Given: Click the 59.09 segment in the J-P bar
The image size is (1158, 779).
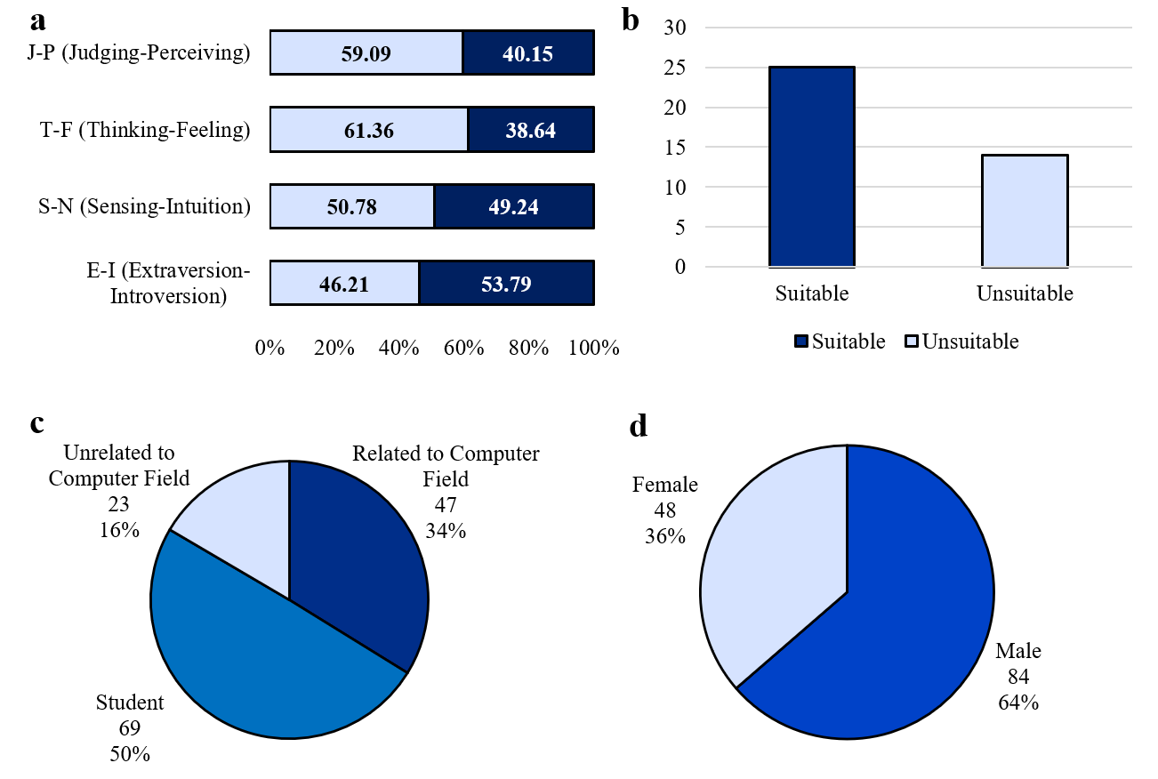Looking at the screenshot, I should coord(366,53).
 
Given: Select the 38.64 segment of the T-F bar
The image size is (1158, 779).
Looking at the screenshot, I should coord(530,131).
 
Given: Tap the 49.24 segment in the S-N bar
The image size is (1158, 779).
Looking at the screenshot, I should coord(513,207).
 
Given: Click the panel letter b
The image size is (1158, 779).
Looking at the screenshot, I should coord(631,20).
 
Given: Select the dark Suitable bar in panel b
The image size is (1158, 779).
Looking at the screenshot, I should coord(812,167).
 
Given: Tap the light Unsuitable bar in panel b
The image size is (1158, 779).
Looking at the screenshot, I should coord(1025,211).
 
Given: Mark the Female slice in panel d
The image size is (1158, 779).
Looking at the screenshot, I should coord(765,569).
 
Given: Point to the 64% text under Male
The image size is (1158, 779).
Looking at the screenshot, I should coord(1018,703).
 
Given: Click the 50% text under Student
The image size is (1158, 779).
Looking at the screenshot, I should coord(130,754).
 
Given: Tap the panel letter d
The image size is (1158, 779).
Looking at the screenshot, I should coord(639,427).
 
